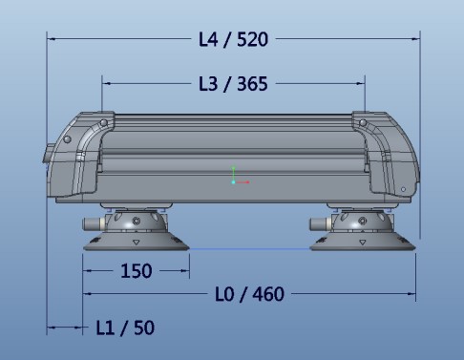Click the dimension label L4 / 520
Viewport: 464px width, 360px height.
(x=233, y=39)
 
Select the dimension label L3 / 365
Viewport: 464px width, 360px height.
(x=233, y=84)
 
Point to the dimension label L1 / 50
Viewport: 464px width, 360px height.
(x=125, y=328)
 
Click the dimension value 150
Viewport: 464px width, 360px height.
(x=137, y=271)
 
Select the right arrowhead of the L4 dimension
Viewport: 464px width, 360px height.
(x=414, y=39)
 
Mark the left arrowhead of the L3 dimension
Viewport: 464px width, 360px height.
(x=106, y=84)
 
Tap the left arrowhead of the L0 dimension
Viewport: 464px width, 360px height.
(x=89, y=294)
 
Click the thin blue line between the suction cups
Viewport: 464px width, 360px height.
(x=248, y=250)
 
